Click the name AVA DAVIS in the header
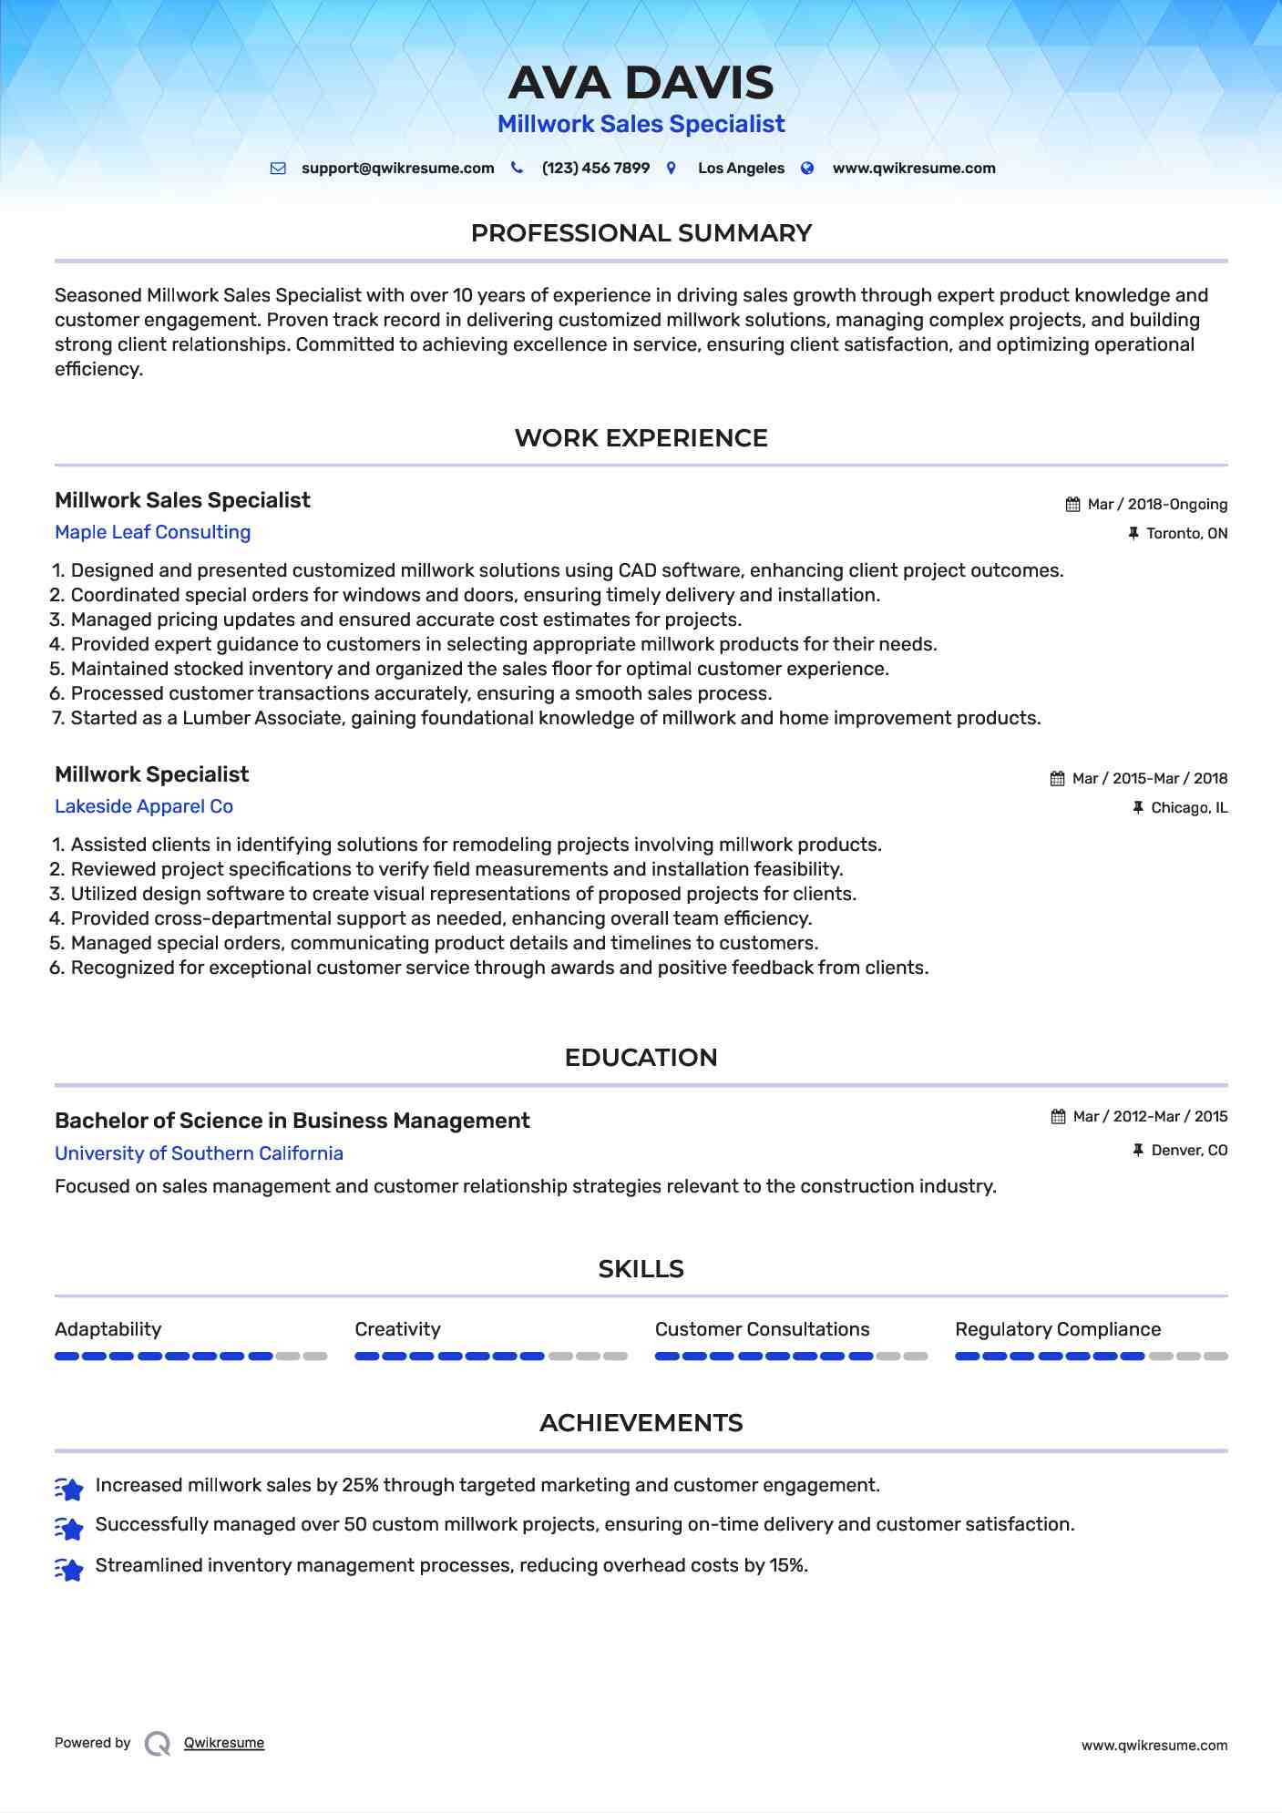coord(641,83)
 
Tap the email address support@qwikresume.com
coord(397,169)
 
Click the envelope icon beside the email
coord(278,169)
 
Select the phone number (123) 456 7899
coord(595,169)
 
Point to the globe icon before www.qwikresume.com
coord(807,169)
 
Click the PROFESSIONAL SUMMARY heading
coord(641,233)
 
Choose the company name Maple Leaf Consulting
coord(152,532)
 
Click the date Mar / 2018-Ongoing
coord(1157,505)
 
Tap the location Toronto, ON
coord(1186,534)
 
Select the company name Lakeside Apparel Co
coord(144,806)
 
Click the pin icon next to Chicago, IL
coord(1137,807)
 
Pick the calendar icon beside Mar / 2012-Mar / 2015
coord(1058,1117)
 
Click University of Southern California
coord(199,1153)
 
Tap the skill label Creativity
coord(397,1329)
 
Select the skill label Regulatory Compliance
coord(1058,1329)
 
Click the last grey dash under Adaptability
coord(315,1357)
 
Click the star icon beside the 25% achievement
coord(69,1488)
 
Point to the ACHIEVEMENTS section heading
coord(641,1423)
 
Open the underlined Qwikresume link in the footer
coord(224,1743)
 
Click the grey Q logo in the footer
coord(158,1744)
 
